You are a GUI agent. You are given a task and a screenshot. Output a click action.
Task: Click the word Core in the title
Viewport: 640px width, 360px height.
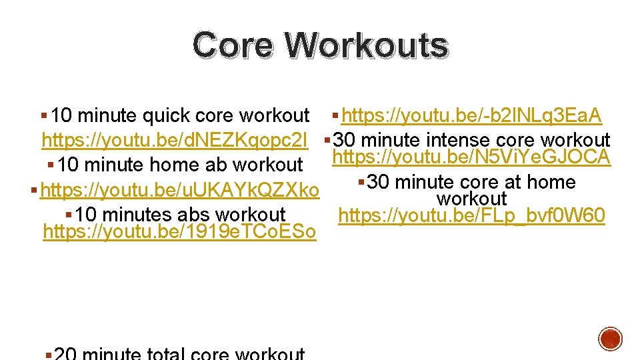(233, 45)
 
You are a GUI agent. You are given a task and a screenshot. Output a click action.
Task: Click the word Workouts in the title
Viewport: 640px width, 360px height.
(366, 45)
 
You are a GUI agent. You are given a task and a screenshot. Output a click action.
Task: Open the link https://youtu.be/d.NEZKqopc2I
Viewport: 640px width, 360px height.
(175, 141)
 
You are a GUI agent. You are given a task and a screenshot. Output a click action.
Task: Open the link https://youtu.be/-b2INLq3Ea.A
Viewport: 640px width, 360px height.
(471, 116)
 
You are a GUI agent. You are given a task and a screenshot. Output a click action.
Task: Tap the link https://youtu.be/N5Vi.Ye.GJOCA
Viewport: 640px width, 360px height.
(471, 157)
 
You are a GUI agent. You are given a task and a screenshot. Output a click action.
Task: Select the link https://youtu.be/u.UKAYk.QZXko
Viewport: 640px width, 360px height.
(180, 191)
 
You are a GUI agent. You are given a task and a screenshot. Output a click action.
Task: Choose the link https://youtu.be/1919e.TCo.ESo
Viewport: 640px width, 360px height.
(179, 233)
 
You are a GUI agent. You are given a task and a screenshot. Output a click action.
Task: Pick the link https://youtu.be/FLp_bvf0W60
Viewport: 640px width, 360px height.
(471, 216)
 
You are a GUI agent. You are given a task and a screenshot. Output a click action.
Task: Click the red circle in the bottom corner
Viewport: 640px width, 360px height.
(610, 338)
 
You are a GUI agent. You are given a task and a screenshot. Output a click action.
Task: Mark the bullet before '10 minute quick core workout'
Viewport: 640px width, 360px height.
(44, 116)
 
